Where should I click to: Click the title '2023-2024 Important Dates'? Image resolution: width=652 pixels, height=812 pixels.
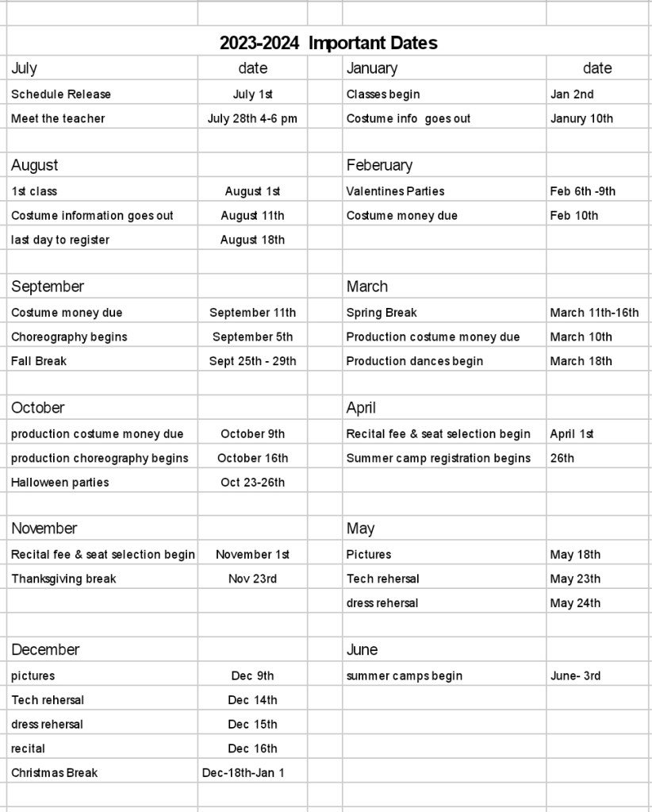[x=328, y=43]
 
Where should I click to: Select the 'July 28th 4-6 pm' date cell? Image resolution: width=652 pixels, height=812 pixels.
[x=252, y=119]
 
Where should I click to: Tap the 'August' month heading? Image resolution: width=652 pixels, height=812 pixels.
[x=35, y=165]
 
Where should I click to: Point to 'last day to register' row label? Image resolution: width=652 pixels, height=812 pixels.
[x=60, y=240]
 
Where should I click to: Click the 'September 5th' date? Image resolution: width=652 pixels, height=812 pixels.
[x=252, y=337]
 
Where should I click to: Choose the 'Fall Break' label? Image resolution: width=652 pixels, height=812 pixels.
[x=39, y=361]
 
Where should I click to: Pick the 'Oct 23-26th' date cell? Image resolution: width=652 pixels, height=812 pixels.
[x=252, y=483]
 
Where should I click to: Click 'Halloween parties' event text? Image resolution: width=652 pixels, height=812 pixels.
[x=60, y=483]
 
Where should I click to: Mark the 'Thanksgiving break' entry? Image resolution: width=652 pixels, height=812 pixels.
[x=63, y=579]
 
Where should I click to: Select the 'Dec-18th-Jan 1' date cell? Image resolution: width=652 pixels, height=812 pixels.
[x=244, y=773]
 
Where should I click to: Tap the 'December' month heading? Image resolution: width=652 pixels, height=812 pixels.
[x=45, y=650]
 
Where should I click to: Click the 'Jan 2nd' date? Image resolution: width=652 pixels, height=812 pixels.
[x=572, y=94]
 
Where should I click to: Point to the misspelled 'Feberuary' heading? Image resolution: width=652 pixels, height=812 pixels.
[x=379, y=165]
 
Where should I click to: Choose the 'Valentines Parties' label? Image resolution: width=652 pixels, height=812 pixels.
[x=395, y=191]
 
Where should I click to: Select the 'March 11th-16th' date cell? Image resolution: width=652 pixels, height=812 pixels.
[x=594, y=313]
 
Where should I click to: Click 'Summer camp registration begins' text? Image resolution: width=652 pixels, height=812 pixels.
[x=439, y=458]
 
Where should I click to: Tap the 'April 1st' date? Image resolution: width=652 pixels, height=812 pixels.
[x=572, y=434]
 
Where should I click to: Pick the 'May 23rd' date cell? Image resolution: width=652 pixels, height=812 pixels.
[x=575, y=579]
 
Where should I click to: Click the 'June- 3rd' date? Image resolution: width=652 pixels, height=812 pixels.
[x=575, y=676]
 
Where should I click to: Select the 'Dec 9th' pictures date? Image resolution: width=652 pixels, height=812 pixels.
[x=252, y=676]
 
